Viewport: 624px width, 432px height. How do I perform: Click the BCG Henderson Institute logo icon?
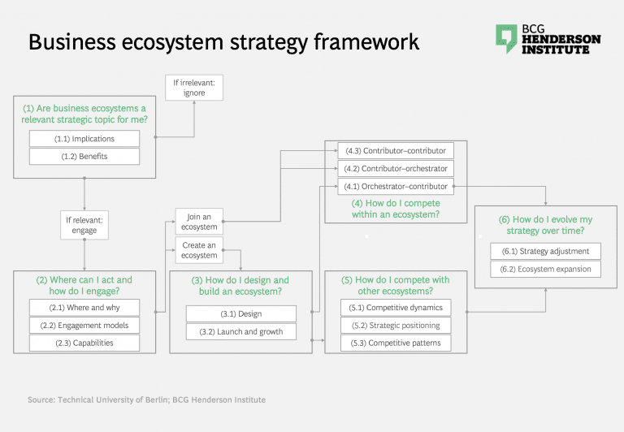point(506,38)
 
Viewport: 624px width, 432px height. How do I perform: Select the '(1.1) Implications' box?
point(84,139)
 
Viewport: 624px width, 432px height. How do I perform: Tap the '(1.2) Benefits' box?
point(84,156)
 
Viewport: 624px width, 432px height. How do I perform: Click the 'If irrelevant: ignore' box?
point(188,87)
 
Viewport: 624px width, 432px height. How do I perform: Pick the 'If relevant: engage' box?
point(84,225)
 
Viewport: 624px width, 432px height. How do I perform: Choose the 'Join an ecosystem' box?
point(199,222)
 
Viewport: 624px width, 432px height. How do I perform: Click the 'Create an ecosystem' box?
point(199,250)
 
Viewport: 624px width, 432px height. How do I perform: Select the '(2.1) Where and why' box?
point(84,308)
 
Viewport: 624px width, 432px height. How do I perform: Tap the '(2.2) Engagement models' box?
point(84,326)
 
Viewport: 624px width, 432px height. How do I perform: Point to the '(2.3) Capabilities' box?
point(84,343)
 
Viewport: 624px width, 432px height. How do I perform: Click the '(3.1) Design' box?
point(241,314)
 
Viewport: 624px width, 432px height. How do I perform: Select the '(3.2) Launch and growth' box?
point(241,331)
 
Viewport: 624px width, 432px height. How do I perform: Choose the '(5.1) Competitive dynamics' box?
point(405,308)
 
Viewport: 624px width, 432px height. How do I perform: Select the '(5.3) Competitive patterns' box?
point(405,343)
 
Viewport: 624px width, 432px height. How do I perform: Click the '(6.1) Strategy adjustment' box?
point(545,251)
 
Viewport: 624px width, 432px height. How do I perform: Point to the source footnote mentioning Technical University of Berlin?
point(147,400)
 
